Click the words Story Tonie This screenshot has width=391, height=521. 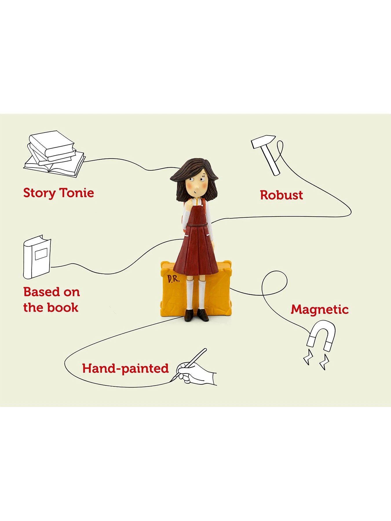(x=59, y=193)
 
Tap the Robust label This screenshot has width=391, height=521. (x=281, y=195)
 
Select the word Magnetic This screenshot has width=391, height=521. (x=319, y=310)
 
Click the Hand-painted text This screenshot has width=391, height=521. (x=125, y=368)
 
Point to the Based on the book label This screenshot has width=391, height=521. (x=52, y=300)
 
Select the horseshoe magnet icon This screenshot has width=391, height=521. (x=321, y=335)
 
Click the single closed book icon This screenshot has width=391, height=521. (x=37, y=257)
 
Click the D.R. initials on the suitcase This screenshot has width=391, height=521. (x=173, y=279)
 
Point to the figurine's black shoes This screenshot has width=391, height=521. (x=197, y=315)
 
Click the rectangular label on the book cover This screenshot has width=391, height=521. (x=41, y=254)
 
